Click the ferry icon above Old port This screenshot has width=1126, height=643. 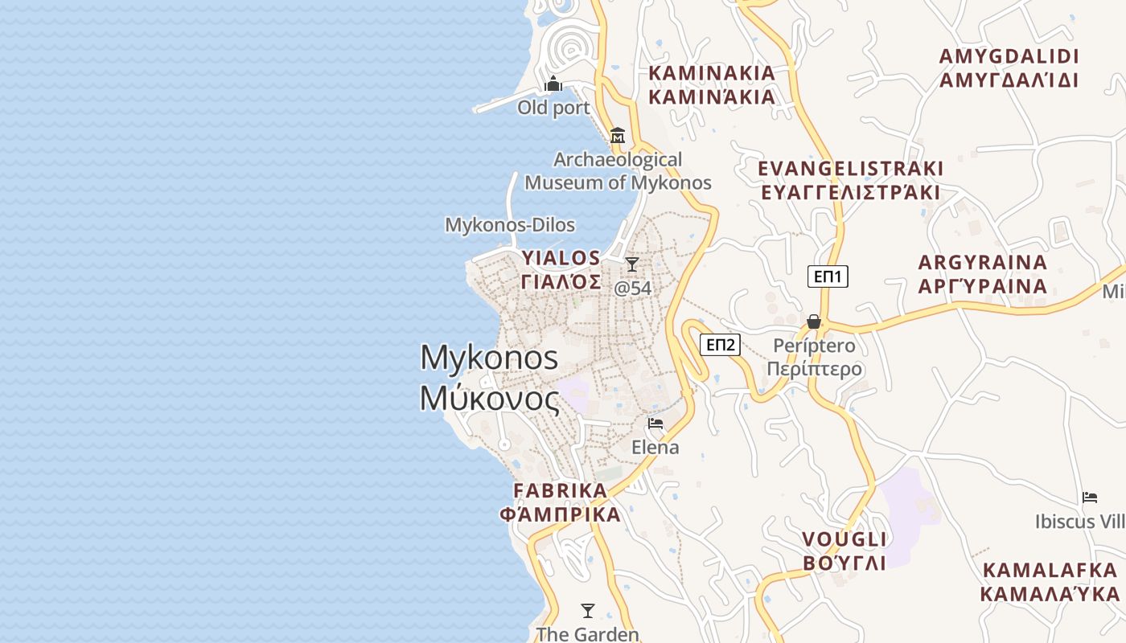click(553, 84)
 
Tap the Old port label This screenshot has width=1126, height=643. click(553, 108)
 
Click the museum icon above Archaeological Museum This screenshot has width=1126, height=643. click(618, 135)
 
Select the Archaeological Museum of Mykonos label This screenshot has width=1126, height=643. click(618, 171)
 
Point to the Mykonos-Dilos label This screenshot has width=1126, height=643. click(510, 225)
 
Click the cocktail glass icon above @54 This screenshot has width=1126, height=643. click(632, 264)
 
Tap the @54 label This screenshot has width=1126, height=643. click(632, 288)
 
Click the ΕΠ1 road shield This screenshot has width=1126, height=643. click(828, 277)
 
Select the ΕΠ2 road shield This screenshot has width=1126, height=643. click(720, 345)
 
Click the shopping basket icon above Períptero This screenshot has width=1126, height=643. click(814, 321)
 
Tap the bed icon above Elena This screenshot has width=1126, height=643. click(655, 424)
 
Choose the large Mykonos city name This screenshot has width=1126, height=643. click(489, 378)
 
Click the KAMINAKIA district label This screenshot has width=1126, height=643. click(712, 85)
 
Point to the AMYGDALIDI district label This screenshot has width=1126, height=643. click(1009, 68)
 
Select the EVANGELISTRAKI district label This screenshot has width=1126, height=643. click(851, 180)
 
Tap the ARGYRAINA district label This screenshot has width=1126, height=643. click(983, 274)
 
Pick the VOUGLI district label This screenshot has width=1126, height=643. click(844, 551)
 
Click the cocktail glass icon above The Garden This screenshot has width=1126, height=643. click(588, 611)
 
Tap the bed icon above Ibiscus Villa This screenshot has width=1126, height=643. click(1090, 498)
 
